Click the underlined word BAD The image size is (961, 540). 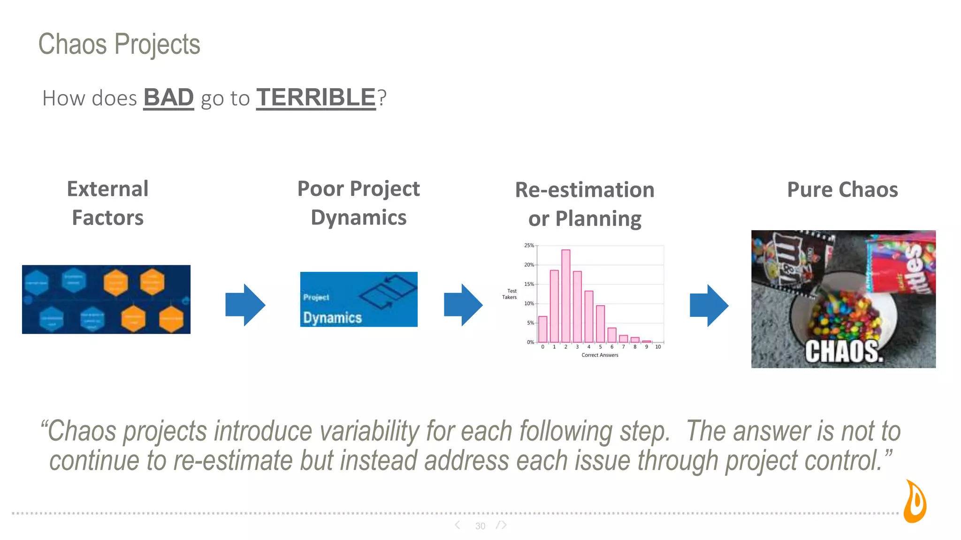(x=168, y=97)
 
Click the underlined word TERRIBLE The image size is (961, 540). (x=316, y=97)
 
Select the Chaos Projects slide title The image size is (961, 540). (x=119, y=45)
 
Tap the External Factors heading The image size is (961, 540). (x=107, y=203)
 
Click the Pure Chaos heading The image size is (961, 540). (x=842, y=190)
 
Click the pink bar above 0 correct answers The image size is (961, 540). (x=543, y=329)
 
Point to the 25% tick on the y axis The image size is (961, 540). (x=529, y=246)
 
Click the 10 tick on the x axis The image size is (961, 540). (x=658, y=347)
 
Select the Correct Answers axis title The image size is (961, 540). (x=600, y=355)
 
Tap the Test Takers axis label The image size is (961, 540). (x=510, y=294)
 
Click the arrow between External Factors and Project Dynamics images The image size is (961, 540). (x=245, y=305)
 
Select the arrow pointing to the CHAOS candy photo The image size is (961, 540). (x=709, y=305)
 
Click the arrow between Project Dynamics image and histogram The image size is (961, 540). (x=463, y=305)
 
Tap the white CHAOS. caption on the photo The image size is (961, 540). (x=844, y=352)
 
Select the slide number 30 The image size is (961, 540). (x=480, y=526)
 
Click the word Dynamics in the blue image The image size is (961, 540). (x=332, y=318)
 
